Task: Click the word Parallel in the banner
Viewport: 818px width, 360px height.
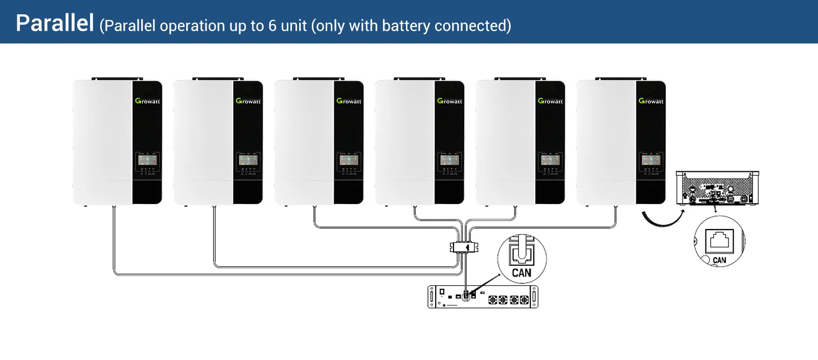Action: pos(55,23)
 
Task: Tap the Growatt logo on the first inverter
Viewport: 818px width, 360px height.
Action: pos(147,101)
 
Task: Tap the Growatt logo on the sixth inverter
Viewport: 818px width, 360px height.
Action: pos(651,101)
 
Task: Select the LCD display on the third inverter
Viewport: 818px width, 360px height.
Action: pos(349,160)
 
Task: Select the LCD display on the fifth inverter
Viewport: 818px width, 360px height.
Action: pos(550,160)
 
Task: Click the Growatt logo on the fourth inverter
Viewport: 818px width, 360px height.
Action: pos(449,101)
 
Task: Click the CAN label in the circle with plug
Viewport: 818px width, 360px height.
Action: pos(521,273)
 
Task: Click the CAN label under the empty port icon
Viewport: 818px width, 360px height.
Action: pos(719,260)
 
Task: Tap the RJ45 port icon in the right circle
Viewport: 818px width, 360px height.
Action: pos(719,240)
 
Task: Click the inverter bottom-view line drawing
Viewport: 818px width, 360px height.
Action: pos(717,188)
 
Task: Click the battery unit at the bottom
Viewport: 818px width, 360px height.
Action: pos(483,297)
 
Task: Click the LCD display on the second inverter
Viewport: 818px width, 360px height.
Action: pos(248,160)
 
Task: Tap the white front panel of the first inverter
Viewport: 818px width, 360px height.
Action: pos(102,143)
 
